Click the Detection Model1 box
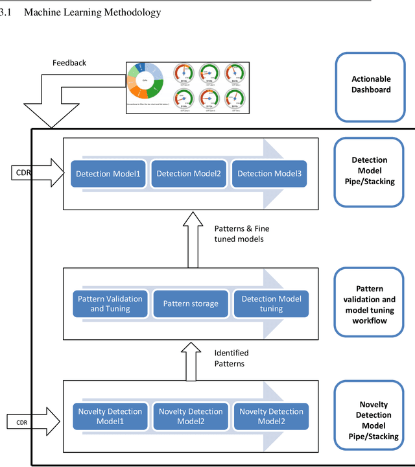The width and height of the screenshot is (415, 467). [x=108, y=173]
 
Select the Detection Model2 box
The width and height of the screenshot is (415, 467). [x=189, y=173]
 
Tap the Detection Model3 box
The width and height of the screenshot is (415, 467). [x=269, y=173]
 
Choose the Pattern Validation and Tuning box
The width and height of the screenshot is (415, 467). [x=110, y=304]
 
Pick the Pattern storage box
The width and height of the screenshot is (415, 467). [x=191, y=304]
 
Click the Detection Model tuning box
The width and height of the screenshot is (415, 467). [x=271, y=304]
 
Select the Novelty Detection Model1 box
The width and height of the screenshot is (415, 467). [x=110, y=416]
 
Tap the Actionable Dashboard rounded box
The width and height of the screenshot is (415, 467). [x=371, y=84]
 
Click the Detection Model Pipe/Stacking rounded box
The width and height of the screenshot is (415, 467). [x=369, y=171]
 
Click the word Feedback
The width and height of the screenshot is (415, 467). [x=69, y=63]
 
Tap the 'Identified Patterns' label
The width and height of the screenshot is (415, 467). [x=231, y=358]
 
